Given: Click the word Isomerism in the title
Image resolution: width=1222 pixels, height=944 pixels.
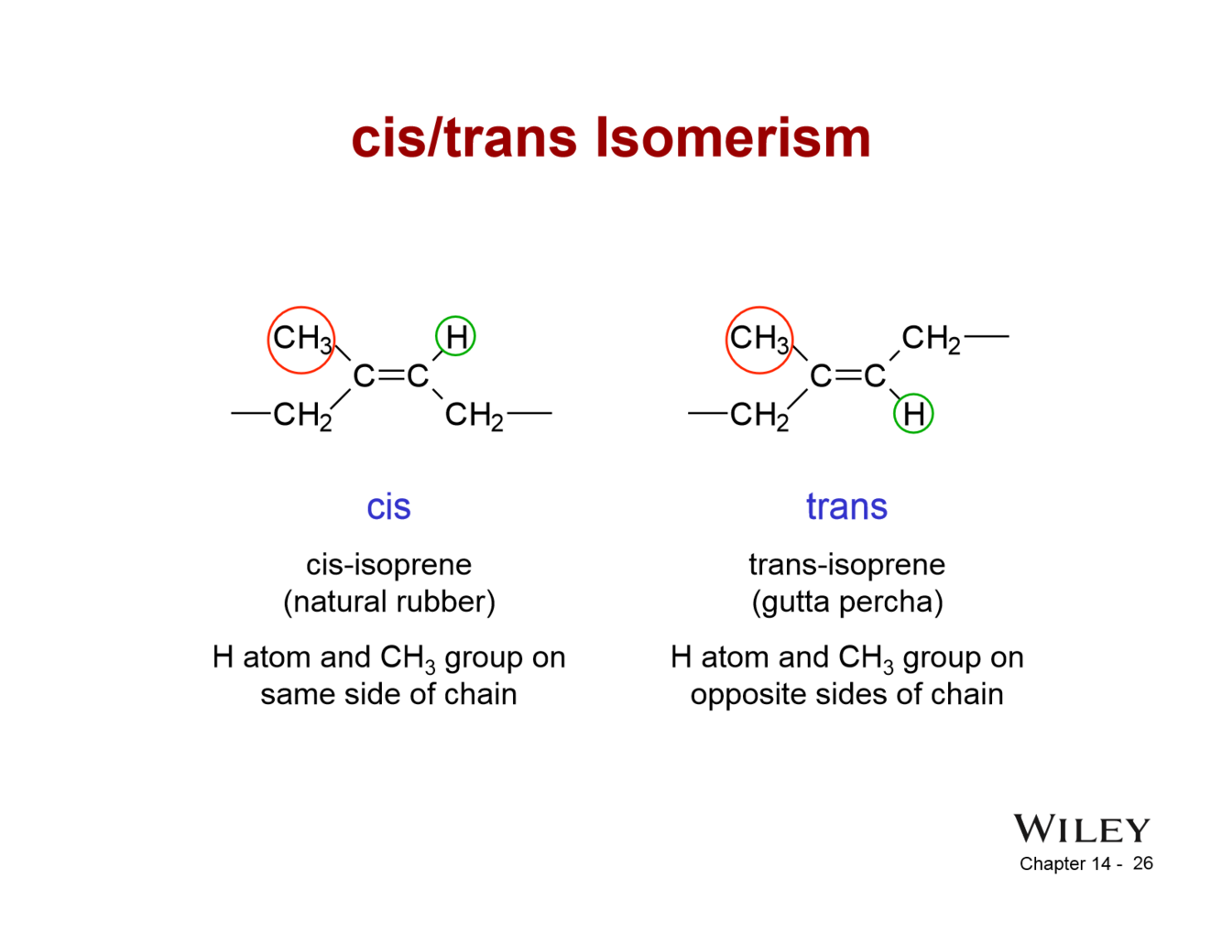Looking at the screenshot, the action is pos(733,138).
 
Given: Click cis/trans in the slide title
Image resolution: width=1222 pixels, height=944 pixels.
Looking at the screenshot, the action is pos(464,138).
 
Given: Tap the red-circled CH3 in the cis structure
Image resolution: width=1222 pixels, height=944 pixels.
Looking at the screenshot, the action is pos(301,340).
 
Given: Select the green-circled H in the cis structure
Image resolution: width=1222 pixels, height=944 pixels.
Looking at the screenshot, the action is pos(455,336).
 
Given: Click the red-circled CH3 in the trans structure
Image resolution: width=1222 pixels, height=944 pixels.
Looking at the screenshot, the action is pos(759,340).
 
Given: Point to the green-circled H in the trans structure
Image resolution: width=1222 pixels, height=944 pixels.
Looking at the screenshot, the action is pos(913,414).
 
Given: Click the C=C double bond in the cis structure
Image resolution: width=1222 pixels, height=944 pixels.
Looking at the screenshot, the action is pos(391,375).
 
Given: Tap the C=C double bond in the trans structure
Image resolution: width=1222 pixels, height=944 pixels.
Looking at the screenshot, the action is pos(848,375).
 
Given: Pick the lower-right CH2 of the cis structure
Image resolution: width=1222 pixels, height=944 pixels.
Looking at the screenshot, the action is pos(474,416).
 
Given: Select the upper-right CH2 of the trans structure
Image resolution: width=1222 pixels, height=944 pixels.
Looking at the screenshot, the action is pos(931,339).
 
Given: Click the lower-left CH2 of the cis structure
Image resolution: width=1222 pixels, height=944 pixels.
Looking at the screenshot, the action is pos(302,416).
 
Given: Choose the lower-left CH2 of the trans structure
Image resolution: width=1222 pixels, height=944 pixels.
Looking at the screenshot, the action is pos(759,416).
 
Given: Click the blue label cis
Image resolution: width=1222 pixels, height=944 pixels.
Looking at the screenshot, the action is pos(388,506).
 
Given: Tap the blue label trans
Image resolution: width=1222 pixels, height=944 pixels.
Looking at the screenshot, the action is pos(846,506).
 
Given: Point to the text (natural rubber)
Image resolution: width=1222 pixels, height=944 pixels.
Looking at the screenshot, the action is pos(389,602).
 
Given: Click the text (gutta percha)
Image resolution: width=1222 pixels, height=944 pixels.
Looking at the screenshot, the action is pos(847,602).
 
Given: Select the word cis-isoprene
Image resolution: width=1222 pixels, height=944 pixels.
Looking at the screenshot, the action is pos(388,564).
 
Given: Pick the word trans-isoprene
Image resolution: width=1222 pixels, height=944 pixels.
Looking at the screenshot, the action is pos(846,564).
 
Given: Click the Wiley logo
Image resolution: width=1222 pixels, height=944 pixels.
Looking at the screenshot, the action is pos(1081,830).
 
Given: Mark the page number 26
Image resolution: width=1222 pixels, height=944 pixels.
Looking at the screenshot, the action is pos(1142,863).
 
